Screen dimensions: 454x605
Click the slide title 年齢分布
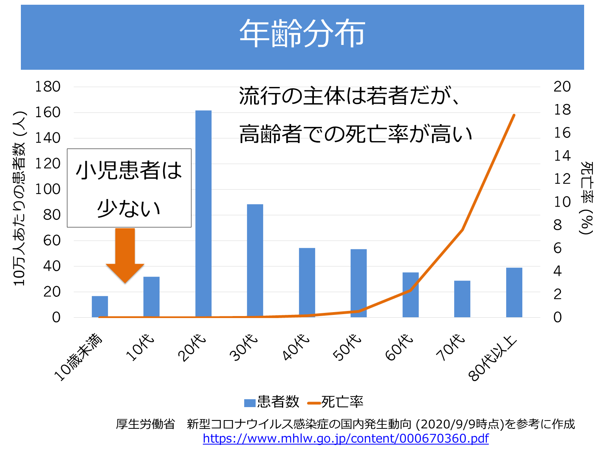(x=302, y=34)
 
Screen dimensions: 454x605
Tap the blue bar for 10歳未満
(x=100, y=306)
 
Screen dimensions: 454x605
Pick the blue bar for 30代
(x=255, y=260)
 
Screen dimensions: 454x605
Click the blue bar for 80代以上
(x=514, y=292)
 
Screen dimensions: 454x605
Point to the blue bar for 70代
(x=462, y=298)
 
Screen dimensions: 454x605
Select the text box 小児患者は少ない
(x=129, y=188)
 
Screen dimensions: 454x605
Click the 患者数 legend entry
(x=272, y=402)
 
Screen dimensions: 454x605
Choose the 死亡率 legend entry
(x=336, y=402)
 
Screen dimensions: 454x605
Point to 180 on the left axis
(x=48, y=87)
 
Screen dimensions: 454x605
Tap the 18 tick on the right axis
(x=562, y=110)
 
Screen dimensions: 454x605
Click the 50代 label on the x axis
(x=347, y=348)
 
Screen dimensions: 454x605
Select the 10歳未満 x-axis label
(x=79, y=357)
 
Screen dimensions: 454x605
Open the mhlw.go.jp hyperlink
(x=345, y=439)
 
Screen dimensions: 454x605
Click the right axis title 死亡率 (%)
(x=586, y=197)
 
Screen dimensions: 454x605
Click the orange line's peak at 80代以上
(x=514, y=115)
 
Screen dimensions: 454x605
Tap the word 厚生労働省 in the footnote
(x=145, y=424)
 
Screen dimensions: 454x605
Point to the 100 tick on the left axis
(x=48, y=189)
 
